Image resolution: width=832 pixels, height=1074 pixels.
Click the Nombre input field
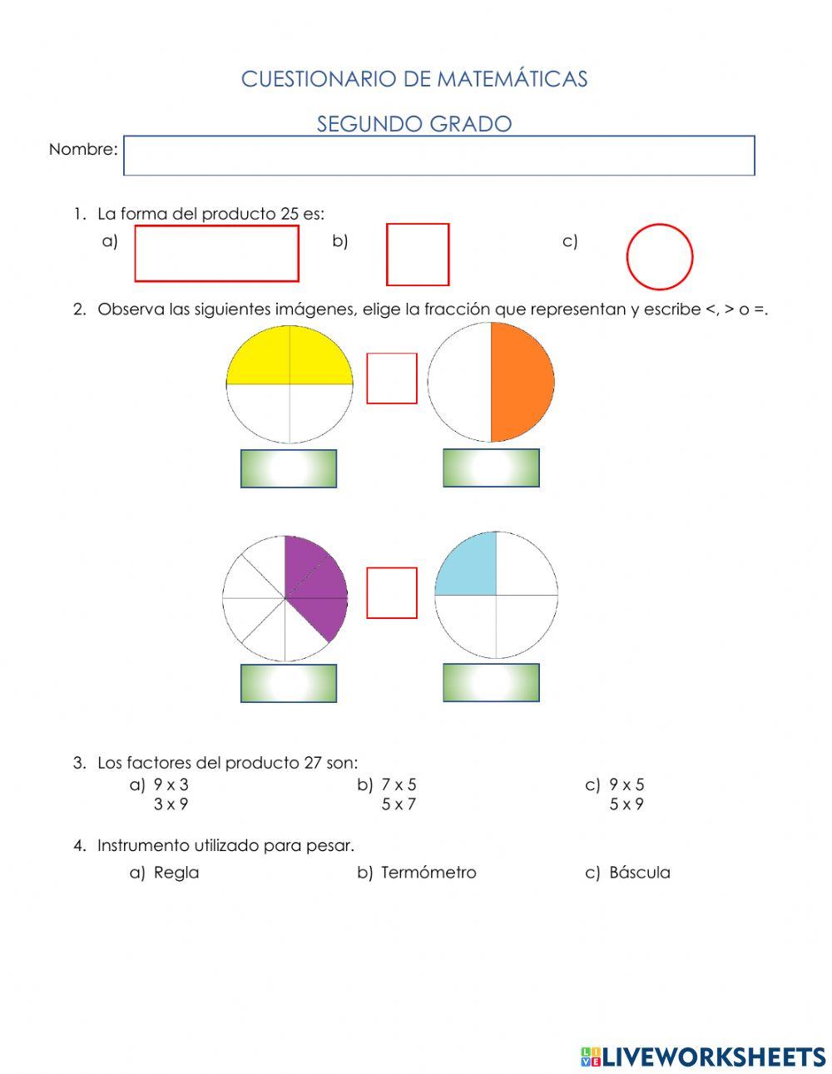438,156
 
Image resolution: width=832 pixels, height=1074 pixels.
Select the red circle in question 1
659,256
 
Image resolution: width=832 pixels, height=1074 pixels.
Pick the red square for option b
418,255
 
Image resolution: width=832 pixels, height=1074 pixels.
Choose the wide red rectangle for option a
216,254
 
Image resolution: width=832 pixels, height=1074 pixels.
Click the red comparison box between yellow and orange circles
392,379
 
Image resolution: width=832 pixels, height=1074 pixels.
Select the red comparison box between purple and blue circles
392,593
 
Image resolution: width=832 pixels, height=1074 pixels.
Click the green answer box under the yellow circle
289,468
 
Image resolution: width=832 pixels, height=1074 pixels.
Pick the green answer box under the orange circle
491,468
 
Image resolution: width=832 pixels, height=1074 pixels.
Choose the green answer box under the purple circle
289,683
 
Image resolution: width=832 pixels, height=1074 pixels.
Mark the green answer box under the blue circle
491,682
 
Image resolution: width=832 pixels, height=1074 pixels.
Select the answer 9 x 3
171,784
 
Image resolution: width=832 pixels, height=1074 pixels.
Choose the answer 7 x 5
399,784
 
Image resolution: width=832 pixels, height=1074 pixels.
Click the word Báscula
639,873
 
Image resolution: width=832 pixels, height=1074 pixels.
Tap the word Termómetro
428,873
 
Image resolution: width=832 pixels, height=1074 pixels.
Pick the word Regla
176,873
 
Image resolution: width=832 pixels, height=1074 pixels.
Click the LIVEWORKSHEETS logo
703,1057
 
